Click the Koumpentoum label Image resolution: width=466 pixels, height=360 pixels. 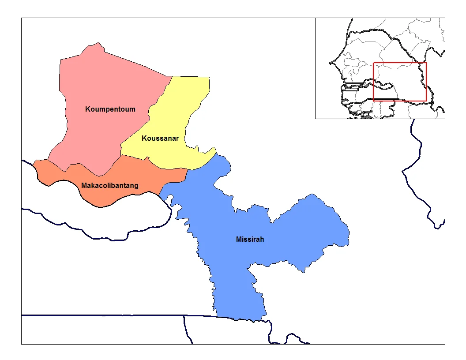click(110, 109)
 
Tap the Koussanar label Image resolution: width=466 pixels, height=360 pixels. click(160, 138)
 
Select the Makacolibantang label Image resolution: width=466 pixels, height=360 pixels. click(110, 186)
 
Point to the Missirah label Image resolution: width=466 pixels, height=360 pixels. click(250, 240)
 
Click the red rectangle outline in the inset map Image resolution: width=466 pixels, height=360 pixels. click(400, 63)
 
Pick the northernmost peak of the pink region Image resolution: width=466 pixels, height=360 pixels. click(100, 43)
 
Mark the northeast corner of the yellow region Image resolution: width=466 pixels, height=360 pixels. click(209, 77)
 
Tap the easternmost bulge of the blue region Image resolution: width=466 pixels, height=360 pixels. click(349, 232)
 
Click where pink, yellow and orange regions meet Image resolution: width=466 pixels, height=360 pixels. click(121, 155)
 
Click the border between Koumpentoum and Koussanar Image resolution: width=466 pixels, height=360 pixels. click(150, 110)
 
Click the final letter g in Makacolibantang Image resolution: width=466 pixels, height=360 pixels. click(136, 186)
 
